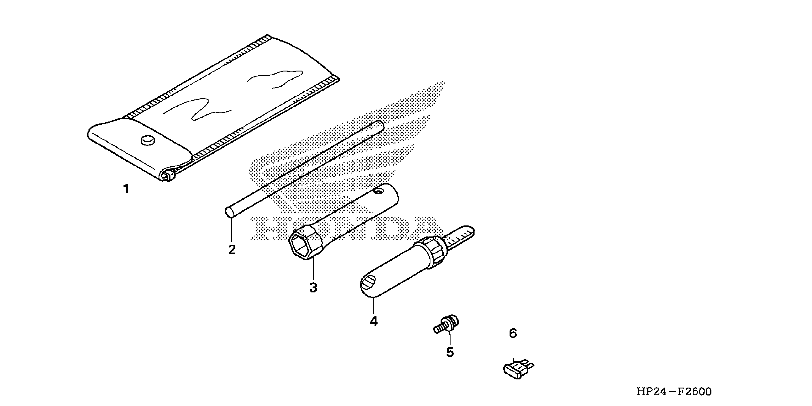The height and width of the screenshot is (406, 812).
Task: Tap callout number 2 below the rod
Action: [x=232, y=250]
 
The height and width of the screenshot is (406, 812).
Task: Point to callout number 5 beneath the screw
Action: [x=450, y=352]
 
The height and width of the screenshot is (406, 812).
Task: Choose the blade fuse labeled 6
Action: [x=517, y=370]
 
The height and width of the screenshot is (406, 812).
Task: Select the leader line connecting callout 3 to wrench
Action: [x=313, y=270]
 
